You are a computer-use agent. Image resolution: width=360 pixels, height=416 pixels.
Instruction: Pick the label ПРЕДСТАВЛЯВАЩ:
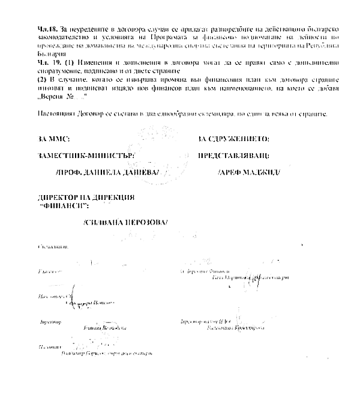[234, 155]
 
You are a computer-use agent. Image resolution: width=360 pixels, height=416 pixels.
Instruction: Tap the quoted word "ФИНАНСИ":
[62, 205]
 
